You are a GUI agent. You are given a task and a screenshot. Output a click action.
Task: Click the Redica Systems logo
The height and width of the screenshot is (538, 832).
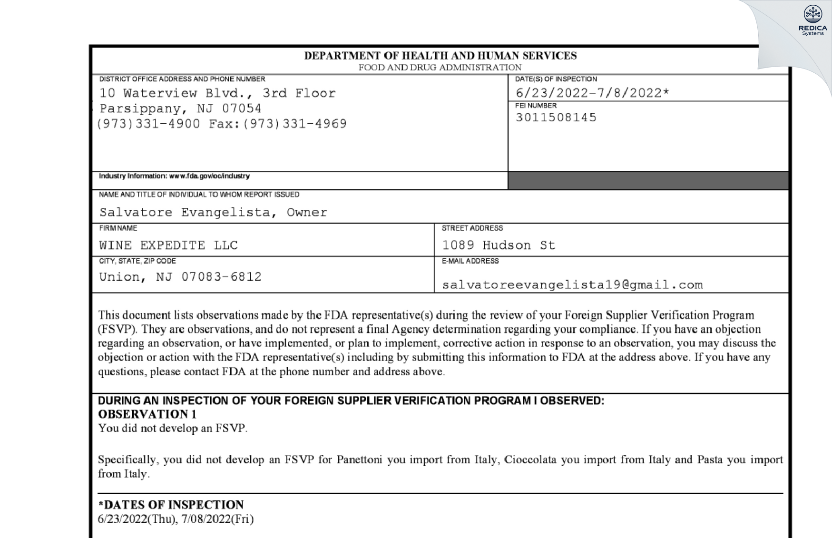click(x=812, y=20)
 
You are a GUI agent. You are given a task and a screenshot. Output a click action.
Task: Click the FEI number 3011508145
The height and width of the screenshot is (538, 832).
click(x=556, y=117)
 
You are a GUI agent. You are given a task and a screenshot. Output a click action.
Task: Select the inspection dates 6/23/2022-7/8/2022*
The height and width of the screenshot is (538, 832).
click(x=592, y=93)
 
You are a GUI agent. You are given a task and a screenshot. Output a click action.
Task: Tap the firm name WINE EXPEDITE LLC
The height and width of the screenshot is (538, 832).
click(x=168, y=245)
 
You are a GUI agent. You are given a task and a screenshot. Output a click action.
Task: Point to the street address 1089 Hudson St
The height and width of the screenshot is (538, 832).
click(x=499, y=245)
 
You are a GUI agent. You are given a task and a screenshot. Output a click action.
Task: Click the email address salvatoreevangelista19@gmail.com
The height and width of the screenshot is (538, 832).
click(x=572, y=285)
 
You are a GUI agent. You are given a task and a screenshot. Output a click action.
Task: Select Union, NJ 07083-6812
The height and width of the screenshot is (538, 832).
click(x=180, y=277)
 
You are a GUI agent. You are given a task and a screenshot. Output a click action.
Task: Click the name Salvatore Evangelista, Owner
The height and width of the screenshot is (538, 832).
click(x=213, y=212)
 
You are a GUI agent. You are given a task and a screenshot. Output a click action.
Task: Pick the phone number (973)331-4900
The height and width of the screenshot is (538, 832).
click(x=148, y=124)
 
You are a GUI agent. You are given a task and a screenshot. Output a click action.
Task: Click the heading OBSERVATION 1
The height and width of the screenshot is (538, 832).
click(x=147, y=414)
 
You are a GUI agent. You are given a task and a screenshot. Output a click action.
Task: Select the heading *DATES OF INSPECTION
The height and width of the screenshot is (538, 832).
click(x=171, y=505)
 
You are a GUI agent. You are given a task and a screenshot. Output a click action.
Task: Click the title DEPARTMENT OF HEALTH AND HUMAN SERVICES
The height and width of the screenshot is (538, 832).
click(x=440, y=56)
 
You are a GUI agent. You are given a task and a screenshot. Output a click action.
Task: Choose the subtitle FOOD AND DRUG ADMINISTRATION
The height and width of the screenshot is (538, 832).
click(x=440, y=68)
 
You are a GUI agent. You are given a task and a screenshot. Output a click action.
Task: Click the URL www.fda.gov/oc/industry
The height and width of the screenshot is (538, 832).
click(x=209, y=176)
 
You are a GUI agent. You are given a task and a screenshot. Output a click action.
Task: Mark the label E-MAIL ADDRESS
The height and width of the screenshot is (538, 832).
click(x=470, y=261)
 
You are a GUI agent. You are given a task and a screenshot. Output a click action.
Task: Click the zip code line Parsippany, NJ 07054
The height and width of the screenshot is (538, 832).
click(x=180, y=108)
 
